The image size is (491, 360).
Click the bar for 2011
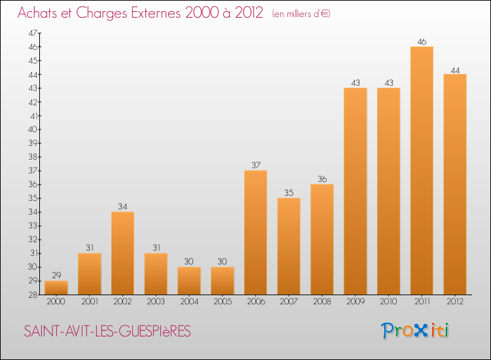point(422,170)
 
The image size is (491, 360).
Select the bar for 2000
point(56,287)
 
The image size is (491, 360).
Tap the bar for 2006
point(255,232)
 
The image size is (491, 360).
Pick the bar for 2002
point(122,253)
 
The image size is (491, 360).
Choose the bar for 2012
point(455,184)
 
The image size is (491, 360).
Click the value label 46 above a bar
point(422,42)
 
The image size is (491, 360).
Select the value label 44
point(455,69)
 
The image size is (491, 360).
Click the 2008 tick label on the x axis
point(322,302)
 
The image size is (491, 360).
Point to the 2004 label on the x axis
point(189,302)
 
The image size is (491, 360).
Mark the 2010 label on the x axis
point(388,302)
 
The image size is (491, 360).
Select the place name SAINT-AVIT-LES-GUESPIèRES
point(107,332)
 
